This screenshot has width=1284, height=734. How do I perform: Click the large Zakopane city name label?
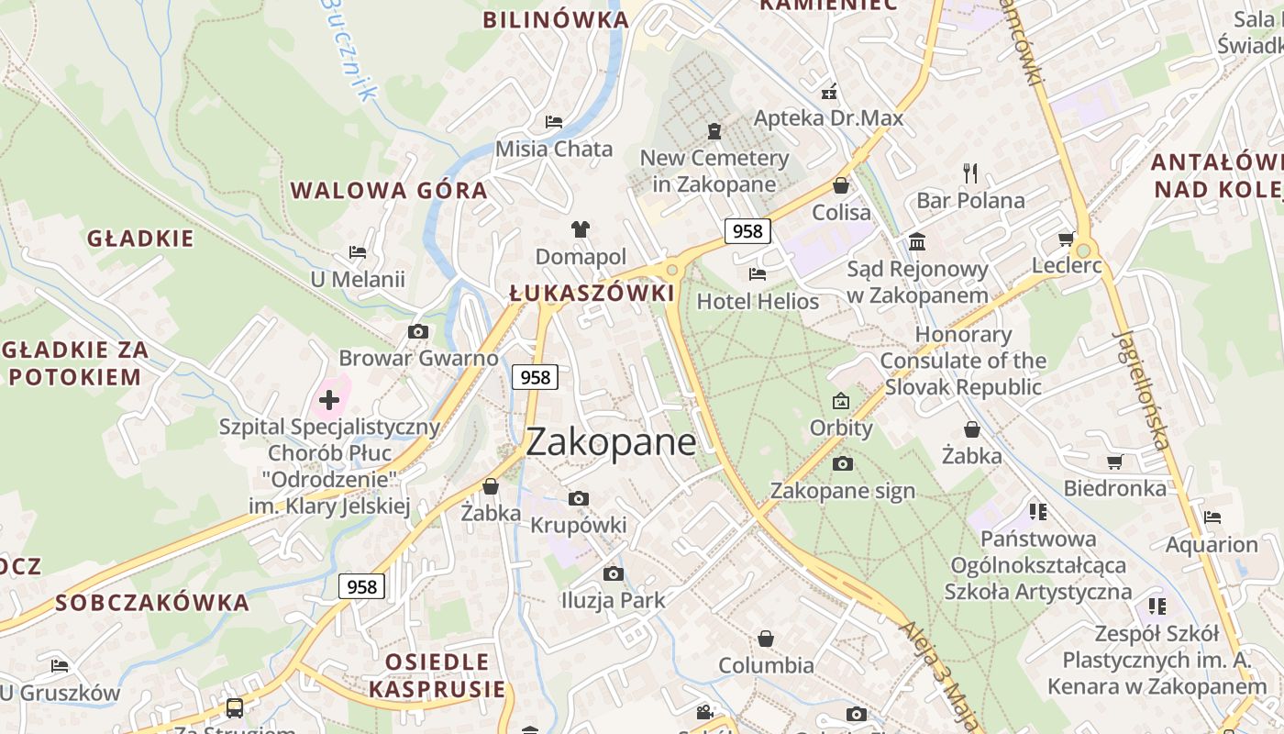pyautogui.click(x=611, y=443)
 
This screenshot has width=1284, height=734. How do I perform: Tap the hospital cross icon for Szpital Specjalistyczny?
pyautogui.click(x=328, y=400)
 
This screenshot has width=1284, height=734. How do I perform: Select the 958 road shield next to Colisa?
pyautogui.click(x=747, y=231)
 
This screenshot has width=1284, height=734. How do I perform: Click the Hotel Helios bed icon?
pyautogui.click(x=758, y=273)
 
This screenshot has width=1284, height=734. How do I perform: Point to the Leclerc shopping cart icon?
pyautogui.click(x=1066, y=239)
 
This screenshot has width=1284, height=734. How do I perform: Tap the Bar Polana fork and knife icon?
pyautogui.click(x=970, y=172)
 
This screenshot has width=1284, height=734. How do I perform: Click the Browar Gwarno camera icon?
pyautogui.click(x=418, y=331)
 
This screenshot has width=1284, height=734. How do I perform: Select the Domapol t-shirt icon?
pyautogui.click(x=581, y=228)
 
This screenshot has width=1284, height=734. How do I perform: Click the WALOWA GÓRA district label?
pyautogui.click(x=389, y=191)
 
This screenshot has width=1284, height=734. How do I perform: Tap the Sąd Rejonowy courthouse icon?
pyautogui.click(x=917, y=241)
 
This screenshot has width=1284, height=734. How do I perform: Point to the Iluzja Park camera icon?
pyautogui.click(x=613, y=573)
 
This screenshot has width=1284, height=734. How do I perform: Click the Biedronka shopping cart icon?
pyautogui.click(x=1115, y=462)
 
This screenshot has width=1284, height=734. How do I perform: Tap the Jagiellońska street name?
pyautogui.click(x=1143, y=390)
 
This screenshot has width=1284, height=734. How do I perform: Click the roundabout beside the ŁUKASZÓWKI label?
pyautogui.click(x=672, y=270)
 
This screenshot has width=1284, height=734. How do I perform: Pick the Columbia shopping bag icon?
pyautogui.click(x=766, y=638)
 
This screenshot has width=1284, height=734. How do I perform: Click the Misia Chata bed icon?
pyautogui.click(x=554, y=121)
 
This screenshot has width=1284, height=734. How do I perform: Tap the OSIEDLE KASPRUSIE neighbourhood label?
pyautogui.click(x=437, y=675)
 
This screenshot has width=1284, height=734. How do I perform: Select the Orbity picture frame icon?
pyautogui.click(x=841, y=401)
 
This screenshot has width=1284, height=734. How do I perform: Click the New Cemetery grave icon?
pyautogui.click(x=714, y=131)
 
